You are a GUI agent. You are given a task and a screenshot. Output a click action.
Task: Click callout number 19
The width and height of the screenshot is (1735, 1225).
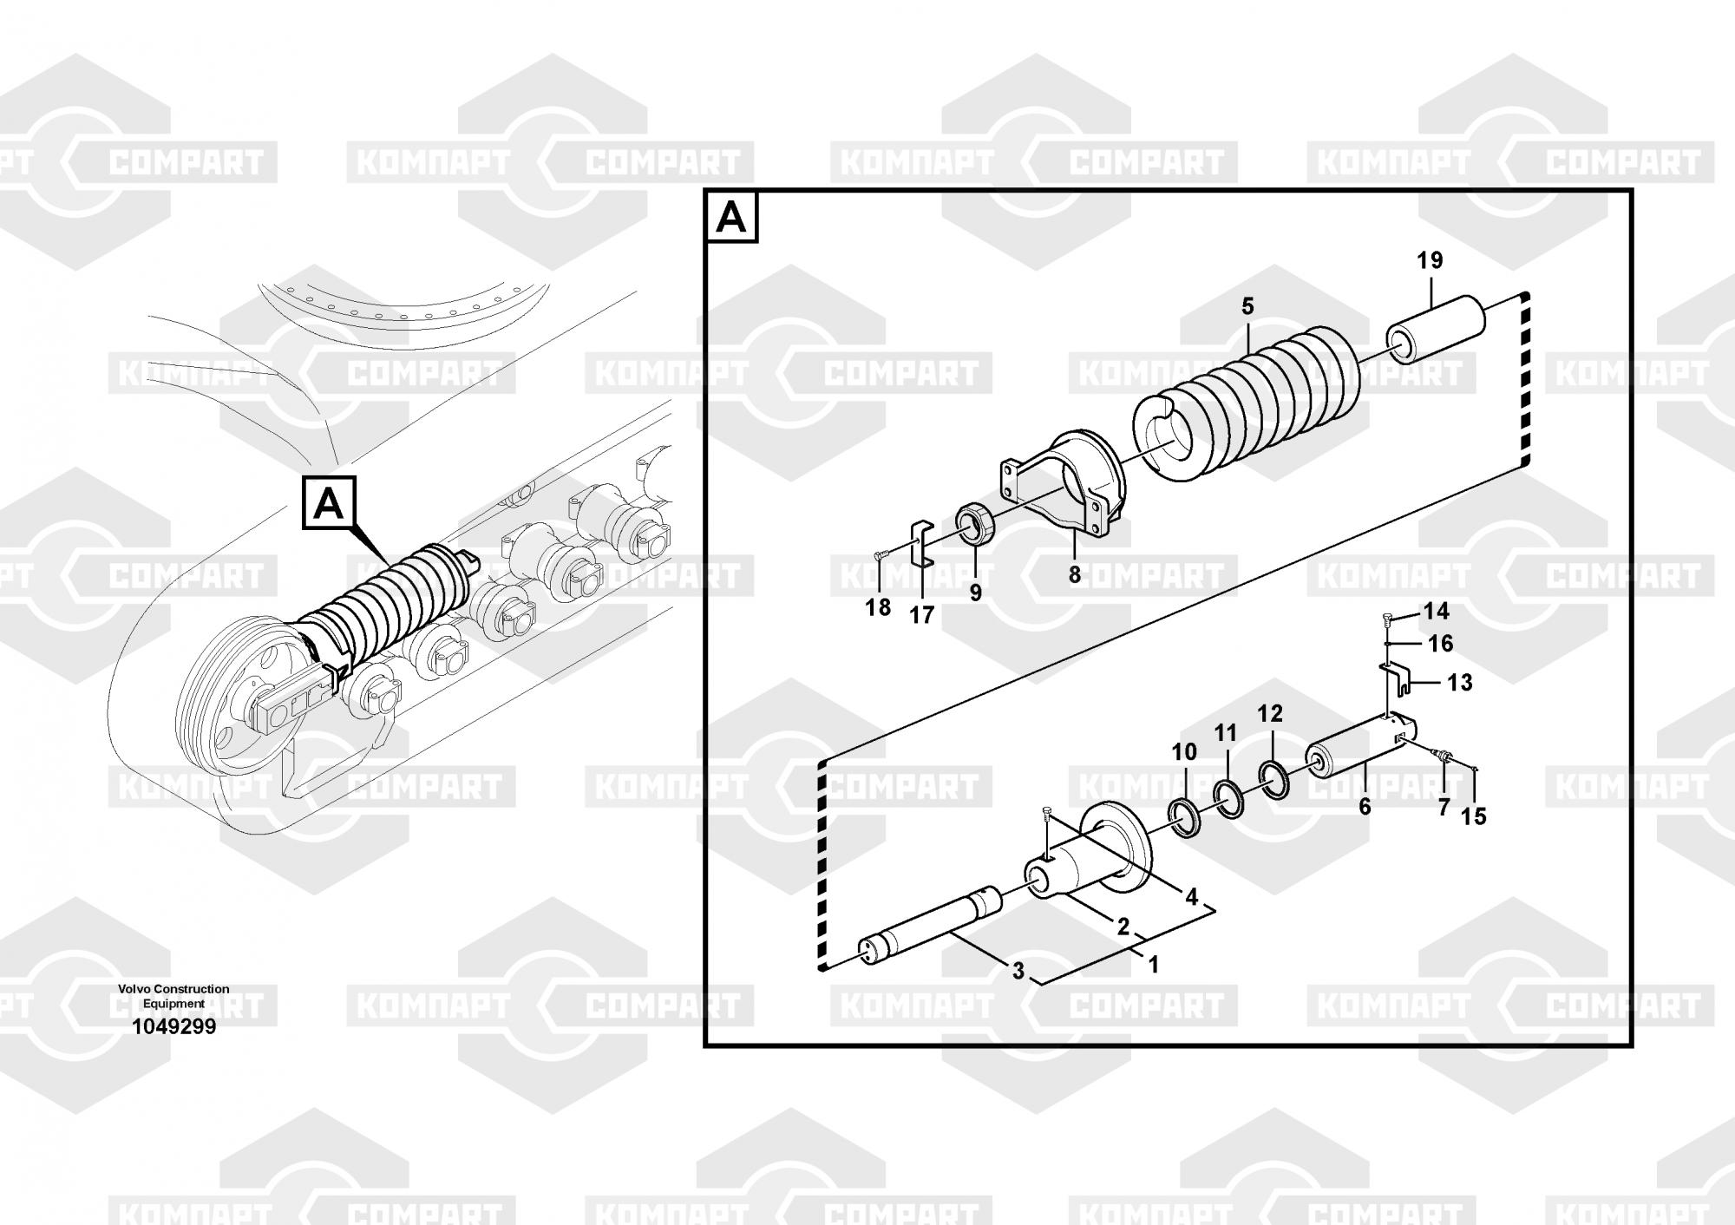[1430, 260]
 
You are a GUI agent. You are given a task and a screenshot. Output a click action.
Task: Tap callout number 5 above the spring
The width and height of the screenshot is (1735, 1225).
[1247, 306]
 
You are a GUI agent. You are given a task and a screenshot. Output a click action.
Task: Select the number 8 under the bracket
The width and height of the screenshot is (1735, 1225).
[1075, 574]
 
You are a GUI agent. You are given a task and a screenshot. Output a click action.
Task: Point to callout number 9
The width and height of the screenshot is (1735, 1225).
[976, 593]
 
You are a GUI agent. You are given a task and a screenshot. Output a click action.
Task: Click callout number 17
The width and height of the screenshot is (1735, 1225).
[921, 615]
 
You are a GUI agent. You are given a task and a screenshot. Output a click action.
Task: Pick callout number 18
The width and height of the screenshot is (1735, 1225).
[878, 607]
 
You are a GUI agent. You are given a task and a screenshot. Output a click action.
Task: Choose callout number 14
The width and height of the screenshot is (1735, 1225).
[1436, 612]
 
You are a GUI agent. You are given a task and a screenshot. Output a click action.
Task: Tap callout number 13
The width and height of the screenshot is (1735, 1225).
[1460, 683]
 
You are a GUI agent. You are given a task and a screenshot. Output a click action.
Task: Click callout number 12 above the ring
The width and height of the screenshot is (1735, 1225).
[1270, 714]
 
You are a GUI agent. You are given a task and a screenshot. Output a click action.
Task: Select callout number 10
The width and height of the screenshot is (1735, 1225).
[1184, 752]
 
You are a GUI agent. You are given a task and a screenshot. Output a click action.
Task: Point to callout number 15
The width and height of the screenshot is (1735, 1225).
[1473, 816]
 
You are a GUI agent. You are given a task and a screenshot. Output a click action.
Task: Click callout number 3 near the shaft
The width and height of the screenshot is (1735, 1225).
[1018, 972]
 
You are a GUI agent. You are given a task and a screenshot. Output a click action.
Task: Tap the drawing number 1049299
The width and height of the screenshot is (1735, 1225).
[173, 1027]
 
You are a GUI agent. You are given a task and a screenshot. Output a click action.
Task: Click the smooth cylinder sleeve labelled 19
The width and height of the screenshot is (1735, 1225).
[1435, 330]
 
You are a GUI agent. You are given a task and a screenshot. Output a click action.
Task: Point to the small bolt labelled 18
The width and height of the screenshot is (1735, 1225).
[881, 555]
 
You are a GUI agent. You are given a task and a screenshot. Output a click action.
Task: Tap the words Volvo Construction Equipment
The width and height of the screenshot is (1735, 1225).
[173, 996]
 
